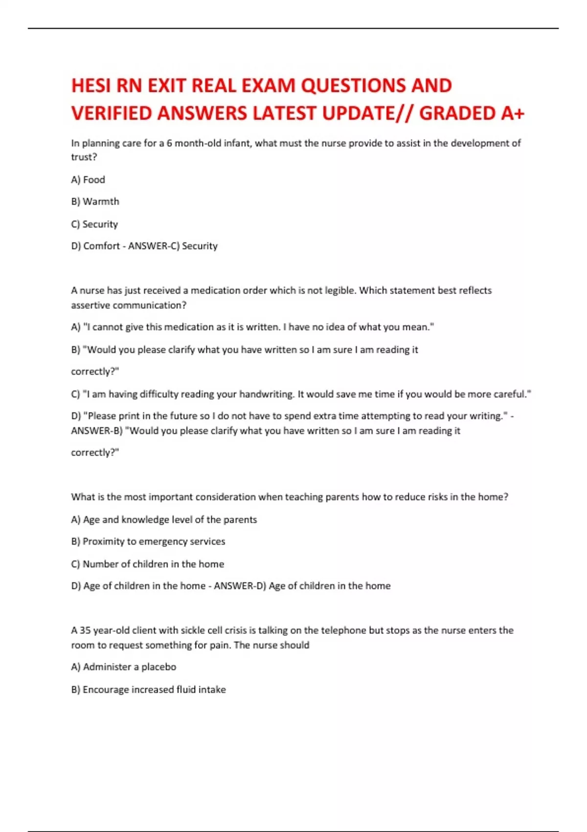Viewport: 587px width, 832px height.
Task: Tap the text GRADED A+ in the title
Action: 472,114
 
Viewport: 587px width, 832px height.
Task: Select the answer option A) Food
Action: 88,180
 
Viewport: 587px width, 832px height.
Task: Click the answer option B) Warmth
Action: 95,202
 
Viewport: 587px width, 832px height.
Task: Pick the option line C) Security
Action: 94,224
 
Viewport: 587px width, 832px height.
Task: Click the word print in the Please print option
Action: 129,416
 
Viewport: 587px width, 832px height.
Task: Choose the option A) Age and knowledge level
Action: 164,520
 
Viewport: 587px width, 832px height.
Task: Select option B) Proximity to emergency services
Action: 148,542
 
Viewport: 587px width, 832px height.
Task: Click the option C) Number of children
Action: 147,564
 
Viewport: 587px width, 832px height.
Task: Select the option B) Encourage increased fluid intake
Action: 148,690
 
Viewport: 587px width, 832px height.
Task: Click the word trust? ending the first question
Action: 84,157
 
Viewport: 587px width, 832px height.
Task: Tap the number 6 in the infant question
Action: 169,143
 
